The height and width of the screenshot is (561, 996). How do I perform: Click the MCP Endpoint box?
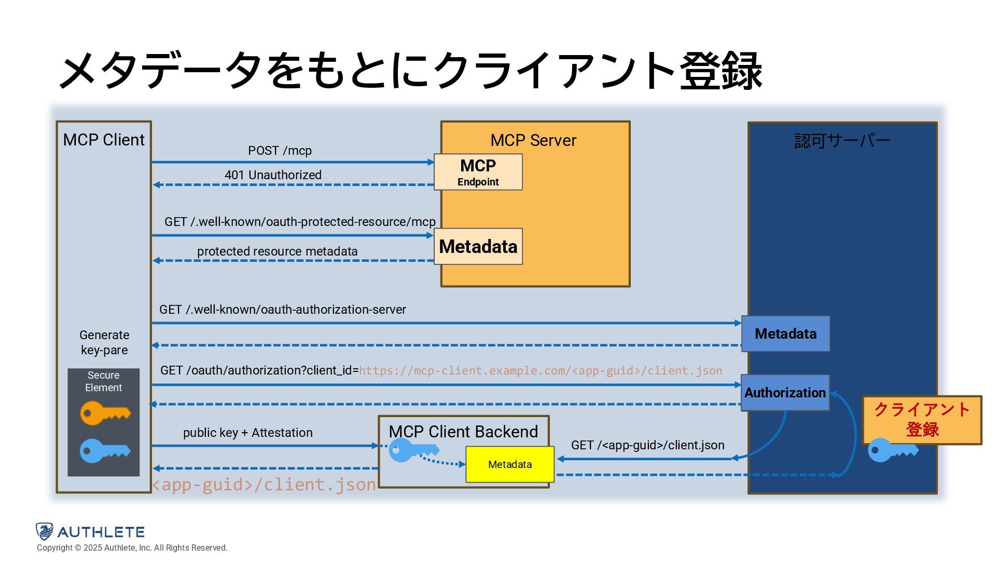tap(478, 172)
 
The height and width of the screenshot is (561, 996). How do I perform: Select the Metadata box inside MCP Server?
tap(478, 246)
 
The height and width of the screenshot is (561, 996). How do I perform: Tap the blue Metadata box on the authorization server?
tap(785, 333)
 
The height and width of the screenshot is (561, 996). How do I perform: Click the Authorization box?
tap(785, 393)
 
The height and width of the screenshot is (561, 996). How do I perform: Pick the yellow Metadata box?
tap(510, 464)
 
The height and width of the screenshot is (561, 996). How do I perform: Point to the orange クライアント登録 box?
tap(922, 420)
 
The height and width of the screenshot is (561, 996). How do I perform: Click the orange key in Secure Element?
tap(105, 413)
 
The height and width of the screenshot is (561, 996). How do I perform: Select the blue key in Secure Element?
tap(105, 451)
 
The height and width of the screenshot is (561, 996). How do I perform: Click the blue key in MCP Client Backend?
tap(414, 450)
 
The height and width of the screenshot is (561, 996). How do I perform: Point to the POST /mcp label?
tap(280, 151)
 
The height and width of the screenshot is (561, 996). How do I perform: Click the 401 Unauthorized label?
tap(273, 175)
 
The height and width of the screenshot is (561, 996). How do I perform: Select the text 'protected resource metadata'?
tap(277, 251)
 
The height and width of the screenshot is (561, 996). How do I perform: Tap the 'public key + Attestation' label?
tap(248, 433)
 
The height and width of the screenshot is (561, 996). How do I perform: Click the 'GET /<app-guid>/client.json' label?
tap(648, 445)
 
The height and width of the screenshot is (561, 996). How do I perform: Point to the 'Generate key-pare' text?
tap(104, 342)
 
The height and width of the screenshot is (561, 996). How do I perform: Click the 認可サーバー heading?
tap(842, 140)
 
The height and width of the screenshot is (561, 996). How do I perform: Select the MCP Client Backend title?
tap(463, 432)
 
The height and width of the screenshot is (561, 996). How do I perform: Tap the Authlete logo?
tap(90, 532)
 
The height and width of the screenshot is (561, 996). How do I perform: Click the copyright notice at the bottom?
tap(132, 548)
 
